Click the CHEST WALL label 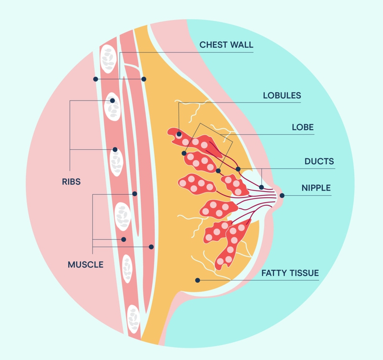click(x=226, y=45)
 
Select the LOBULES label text click(x=282, y=95)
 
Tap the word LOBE click(x=303, y=127)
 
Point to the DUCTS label click(x=319, y=161)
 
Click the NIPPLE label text click(x=315, y=188)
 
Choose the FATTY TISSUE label click(x=290, y=273)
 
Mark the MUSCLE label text click(x=85, y=264)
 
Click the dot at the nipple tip click(x=282, y=195)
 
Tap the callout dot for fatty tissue click(x=197, y=280)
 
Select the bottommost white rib click(x=133, y=317)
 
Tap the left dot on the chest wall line click(x=96, y=79)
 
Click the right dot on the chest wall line click(x=144, y=79)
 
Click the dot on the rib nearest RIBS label click(x=115, y=149)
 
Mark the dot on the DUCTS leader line click(x=261, y=187)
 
